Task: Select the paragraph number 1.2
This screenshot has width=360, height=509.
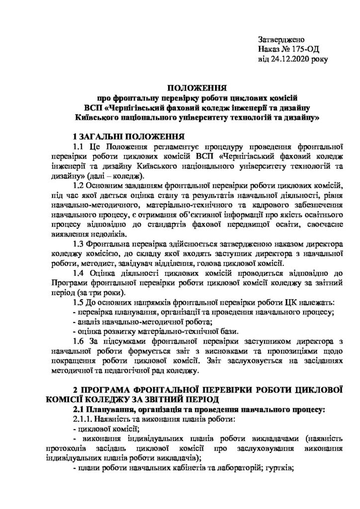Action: tap(79, 185)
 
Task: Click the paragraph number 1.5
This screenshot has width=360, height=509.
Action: tap(79, 302)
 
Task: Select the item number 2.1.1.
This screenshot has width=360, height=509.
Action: tap(83, 420)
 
